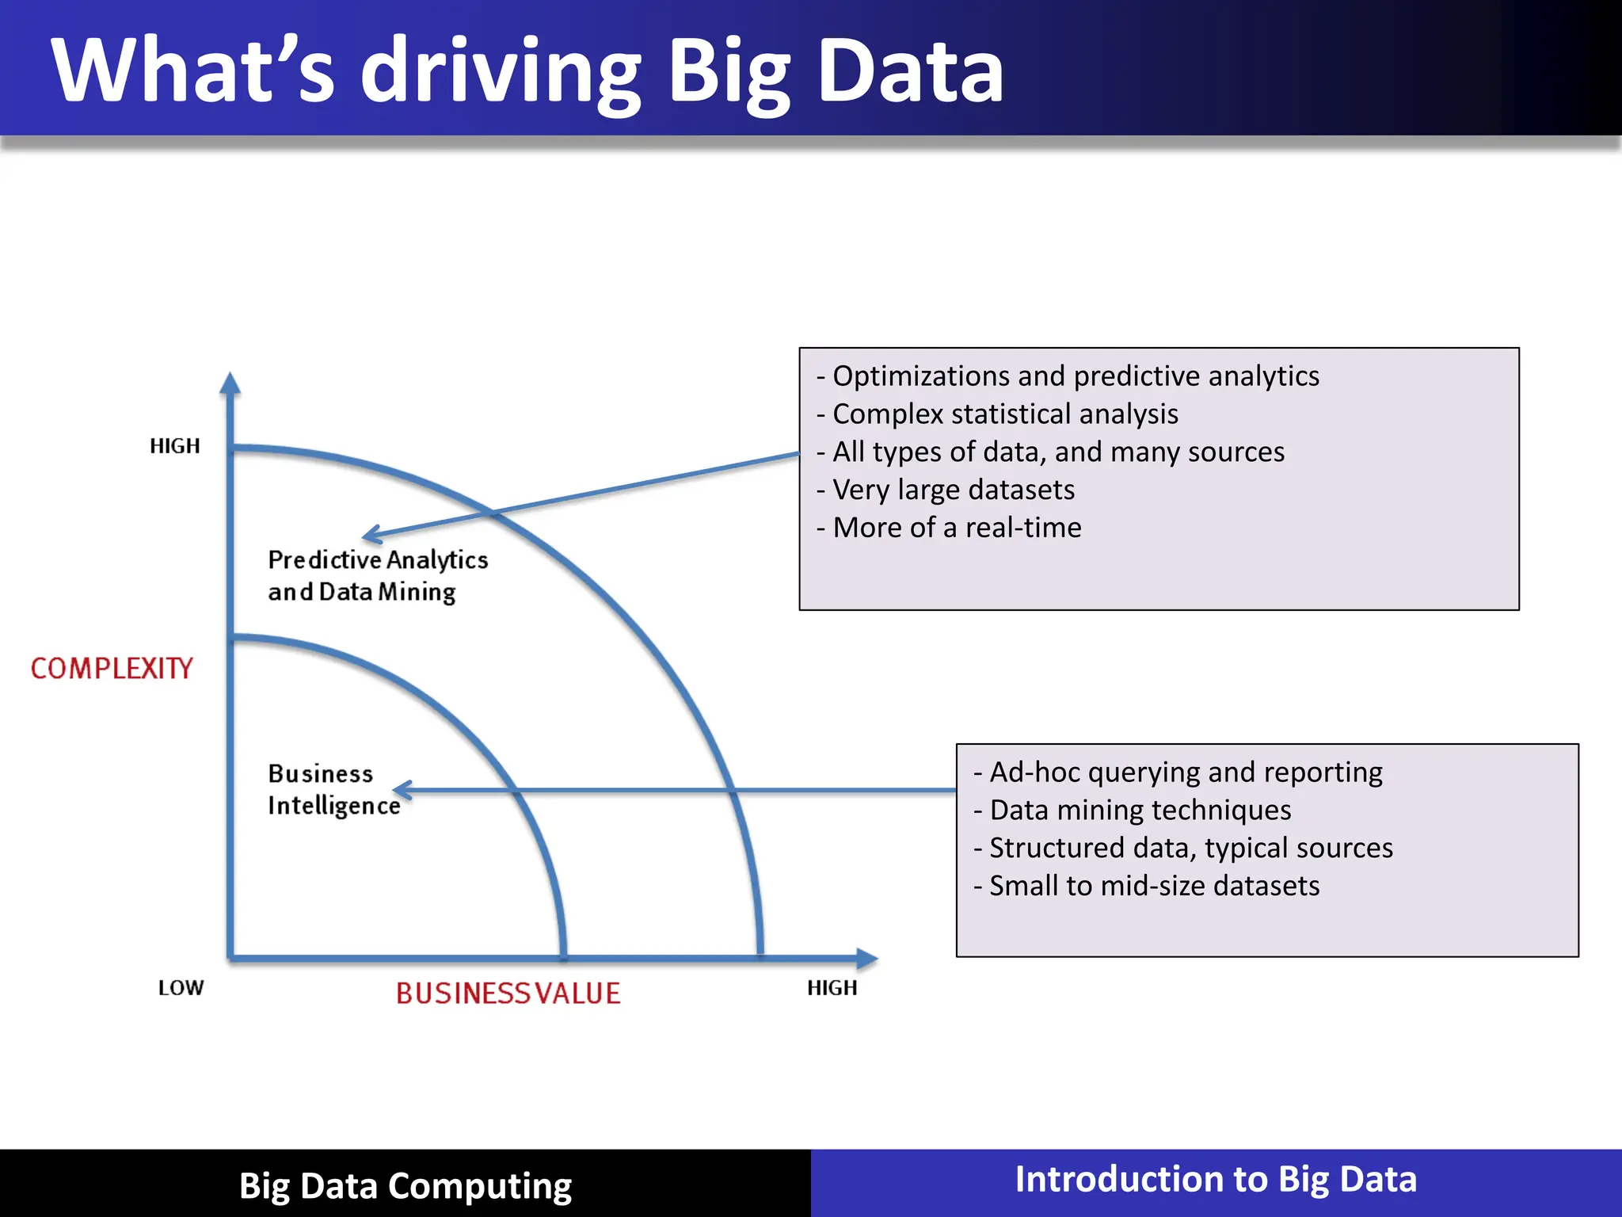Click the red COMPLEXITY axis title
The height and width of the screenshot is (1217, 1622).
pos(112,669)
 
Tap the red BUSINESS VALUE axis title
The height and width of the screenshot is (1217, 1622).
pos(508,994)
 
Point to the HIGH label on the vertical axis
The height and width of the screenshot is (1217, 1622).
pos(175,446)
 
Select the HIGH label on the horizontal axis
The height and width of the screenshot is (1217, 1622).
pos(832,988)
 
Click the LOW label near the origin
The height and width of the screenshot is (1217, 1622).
pos(181,988)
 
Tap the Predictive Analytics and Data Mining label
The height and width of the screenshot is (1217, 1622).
pos(377,576)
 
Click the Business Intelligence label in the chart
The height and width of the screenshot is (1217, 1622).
pos(333,790)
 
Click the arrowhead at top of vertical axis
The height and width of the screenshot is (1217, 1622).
pos(230,383)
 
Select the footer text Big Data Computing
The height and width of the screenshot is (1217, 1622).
pos(405,1186)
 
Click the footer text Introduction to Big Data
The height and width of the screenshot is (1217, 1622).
pos(1216,1180)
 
